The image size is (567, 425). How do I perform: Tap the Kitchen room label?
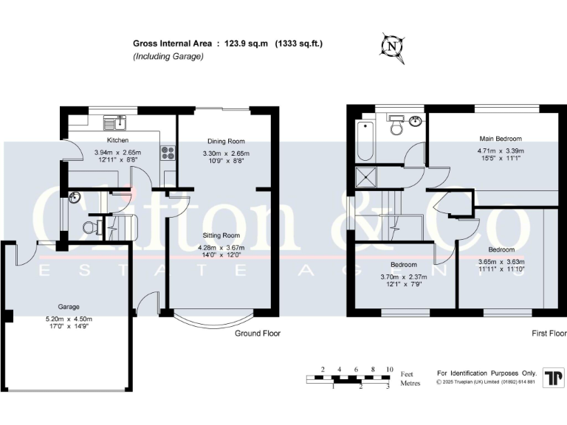117,140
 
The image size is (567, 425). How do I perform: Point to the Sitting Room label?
223,235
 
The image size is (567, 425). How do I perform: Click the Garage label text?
69,306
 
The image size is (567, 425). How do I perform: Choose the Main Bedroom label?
501,139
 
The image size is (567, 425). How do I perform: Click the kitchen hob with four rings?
167,153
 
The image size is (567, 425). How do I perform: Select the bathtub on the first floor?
365,142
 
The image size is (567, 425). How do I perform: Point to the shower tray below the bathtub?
365,177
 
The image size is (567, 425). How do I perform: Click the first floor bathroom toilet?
396,127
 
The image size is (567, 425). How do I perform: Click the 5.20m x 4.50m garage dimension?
69,319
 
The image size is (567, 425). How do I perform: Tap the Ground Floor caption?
258,334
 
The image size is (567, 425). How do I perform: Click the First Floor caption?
549,334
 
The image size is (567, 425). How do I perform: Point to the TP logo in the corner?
551,377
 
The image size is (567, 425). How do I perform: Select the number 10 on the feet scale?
389,369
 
